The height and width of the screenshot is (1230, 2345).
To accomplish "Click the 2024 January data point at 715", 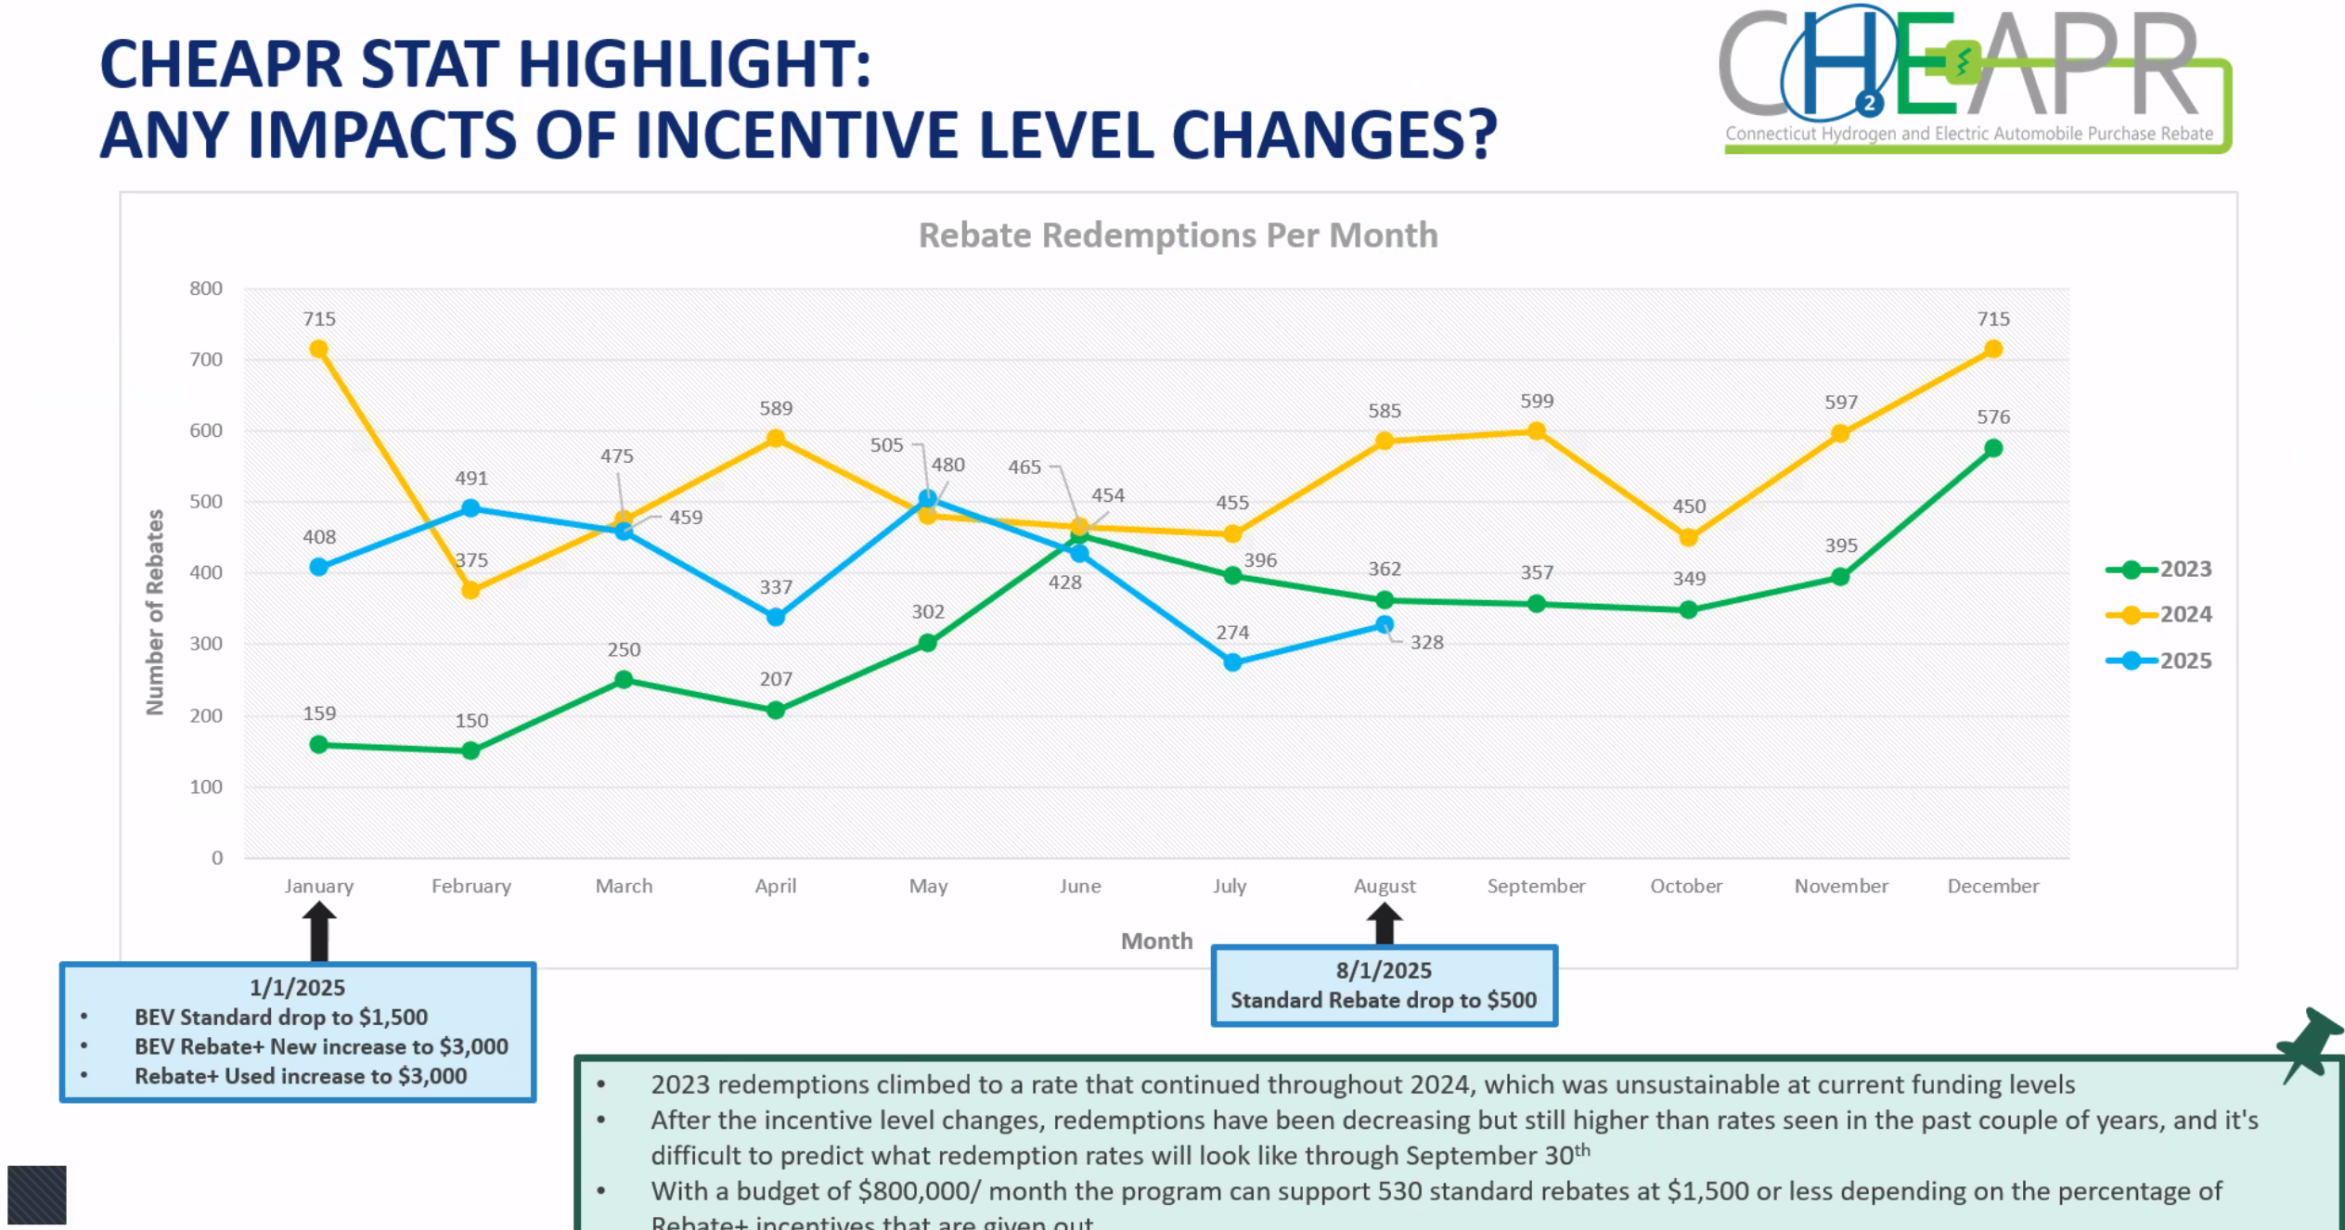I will pyautogui.click(x=318, y=350).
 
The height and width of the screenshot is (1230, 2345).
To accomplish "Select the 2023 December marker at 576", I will pyautogui.click(x=1992, y=449).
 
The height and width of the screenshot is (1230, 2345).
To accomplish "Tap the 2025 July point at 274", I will pyautogui.click(x=1232, y=662).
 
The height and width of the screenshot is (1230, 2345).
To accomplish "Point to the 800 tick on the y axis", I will pyautogui.click(x=206, y=288).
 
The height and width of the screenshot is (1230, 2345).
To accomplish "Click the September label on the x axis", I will pyautogui.click(x=1536, y=886).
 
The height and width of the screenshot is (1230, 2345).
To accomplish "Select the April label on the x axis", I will pyautogui.click(x=775, y=886).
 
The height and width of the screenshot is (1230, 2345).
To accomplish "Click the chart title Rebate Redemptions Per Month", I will pyautogui.click(x=1178, y=236).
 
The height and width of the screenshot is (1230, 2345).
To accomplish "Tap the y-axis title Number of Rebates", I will pyautogui.click(x=155, y=612).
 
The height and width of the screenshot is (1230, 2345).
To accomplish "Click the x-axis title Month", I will pyautogui.click(x=1156, y=941).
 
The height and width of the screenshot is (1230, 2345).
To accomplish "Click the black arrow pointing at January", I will pyautogui.click(x=319, y=932).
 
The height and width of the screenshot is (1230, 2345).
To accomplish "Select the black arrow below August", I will pyautogui.click(x=1384, y=924).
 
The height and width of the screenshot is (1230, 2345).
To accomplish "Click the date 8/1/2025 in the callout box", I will pyautogui.click(x=1383, y=970).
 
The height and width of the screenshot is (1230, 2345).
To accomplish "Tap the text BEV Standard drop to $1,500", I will pyautogui.click(x=281, y=1017).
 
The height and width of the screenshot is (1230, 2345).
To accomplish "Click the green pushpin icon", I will pyautogui.click(x=2309, y=1044).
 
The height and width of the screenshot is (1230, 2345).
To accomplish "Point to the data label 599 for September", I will pyautogui.click(x=1536, y=401).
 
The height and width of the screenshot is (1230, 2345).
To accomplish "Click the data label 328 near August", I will pyautogui.click(x=1426, y=642).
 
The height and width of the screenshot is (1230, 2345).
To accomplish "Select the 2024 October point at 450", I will pyautogui.click(x=1688, y=538).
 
